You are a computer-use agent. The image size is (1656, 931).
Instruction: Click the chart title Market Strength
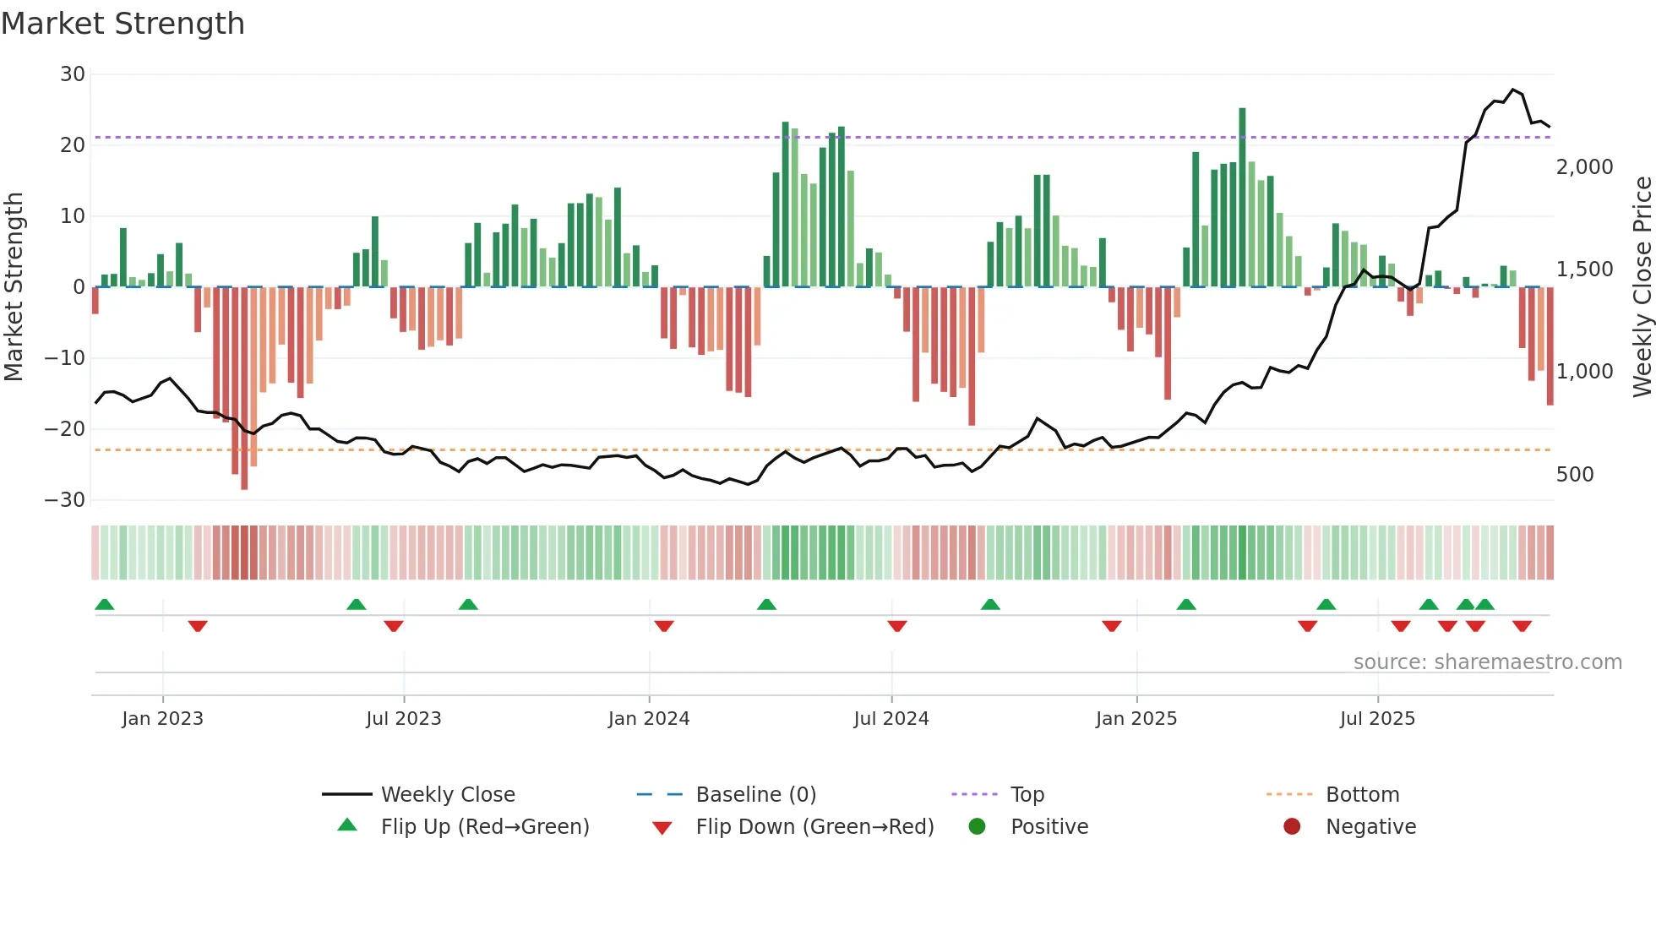(x=123, y=24)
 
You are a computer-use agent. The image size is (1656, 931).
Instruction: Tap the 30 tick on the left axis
(x=73, y=74)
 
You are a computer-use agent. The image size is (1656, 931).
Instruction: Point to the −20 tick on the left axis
(x=65, y=429)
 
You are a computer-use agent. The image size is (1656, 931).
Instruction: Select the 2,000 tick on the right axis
(x=1584, y=167)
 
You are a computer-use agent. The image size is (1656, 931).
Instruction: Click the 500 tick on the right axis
(x=1575, y=475)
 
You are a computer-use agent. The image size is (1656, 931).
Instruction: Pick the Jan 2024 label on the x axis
(x=649, y=719)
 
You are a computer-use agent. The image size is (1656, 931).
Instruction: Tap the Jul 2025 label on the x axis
(x=1377, y=719)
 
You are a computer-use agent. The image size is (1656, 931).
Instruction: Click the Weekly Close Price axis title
(x=1642, y=287)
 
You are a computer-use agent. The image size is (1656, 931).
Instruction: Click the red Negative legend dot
(x=1292, y=827)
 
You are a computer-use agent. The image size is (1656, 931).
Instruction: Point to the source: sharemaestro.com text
(x=1487, y=662)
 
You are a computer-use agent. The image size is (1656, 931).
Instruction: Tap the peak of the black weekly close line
(x=1513, y=90)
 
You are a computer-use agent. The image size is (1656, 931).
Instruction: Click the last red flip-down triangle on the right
(x=1522, y=626)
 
